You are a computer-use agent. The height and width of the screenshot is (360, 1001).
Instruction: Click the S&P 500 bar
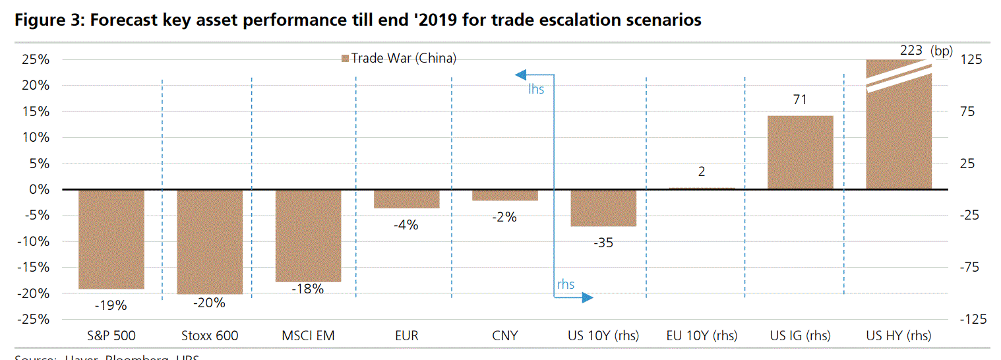pyautogui.click(x=111, y=239)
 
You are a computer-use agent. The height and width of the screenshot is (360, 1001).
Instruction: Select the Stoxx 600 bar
pyautogui.click(x=210, y=242)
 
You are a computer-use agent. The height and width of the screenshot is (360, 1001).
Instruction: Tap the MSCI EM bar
pyautogui.click(x=308, y=236)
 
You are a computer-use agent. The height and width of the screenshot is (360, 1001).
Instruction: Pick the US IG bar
pyautogui.click(x=801, y=152)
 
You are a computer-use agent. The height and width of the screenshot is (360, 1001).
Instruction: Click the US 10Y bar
pyautogui.click(x=603, y=208)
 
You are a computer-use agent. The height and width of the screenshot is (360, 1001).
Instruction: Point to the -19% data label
pyautogui.click(x=110, y=305)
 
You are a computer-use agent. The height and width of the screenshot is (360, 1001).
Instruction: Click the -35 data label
pyautogui.click(x=603, y=243)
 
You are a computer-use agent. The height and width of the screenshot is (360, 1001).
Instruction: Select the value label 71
pyautogui.click(x=800, y=100)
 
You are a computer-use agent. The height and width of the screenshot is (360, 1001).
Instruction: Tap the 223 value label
pyautogui.click(x=911, y=50)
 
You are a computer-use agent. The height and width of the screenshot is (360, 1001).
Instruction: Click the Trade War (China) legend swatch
pyautogui.click(x=344, y=59)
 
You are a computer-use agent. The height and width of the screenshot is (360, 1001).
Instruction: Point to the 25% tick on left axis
pyautogui.click(x=36, y=59)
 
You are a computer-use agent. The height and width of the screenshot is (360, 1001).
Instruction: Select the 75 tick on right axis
pyautogui.click(x=971, y=111)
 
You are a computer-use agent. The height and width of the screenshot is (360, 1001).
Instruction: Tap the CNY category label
pyautogui.click(x=504, y=336)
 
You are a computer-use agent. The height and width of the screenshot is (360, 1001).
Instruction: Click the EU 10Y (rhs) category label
pyautogui.click(x=702, y=336)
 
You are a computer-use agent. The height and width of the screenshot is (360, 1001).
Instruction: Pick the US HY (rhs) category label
pyautogui.click(x=898, y=336)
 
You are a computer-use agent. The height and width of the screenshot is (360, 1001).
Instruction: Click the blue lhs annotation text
pyautogui.click(x=535, y=88)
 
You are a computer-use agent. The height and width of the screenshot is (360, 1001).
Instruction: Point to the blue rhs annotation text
pyautogui.click(x=566, y=285)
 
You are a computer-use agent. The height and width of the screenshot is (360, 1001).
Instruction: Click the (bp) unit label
pyautogui.click(x=942, y=51)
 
